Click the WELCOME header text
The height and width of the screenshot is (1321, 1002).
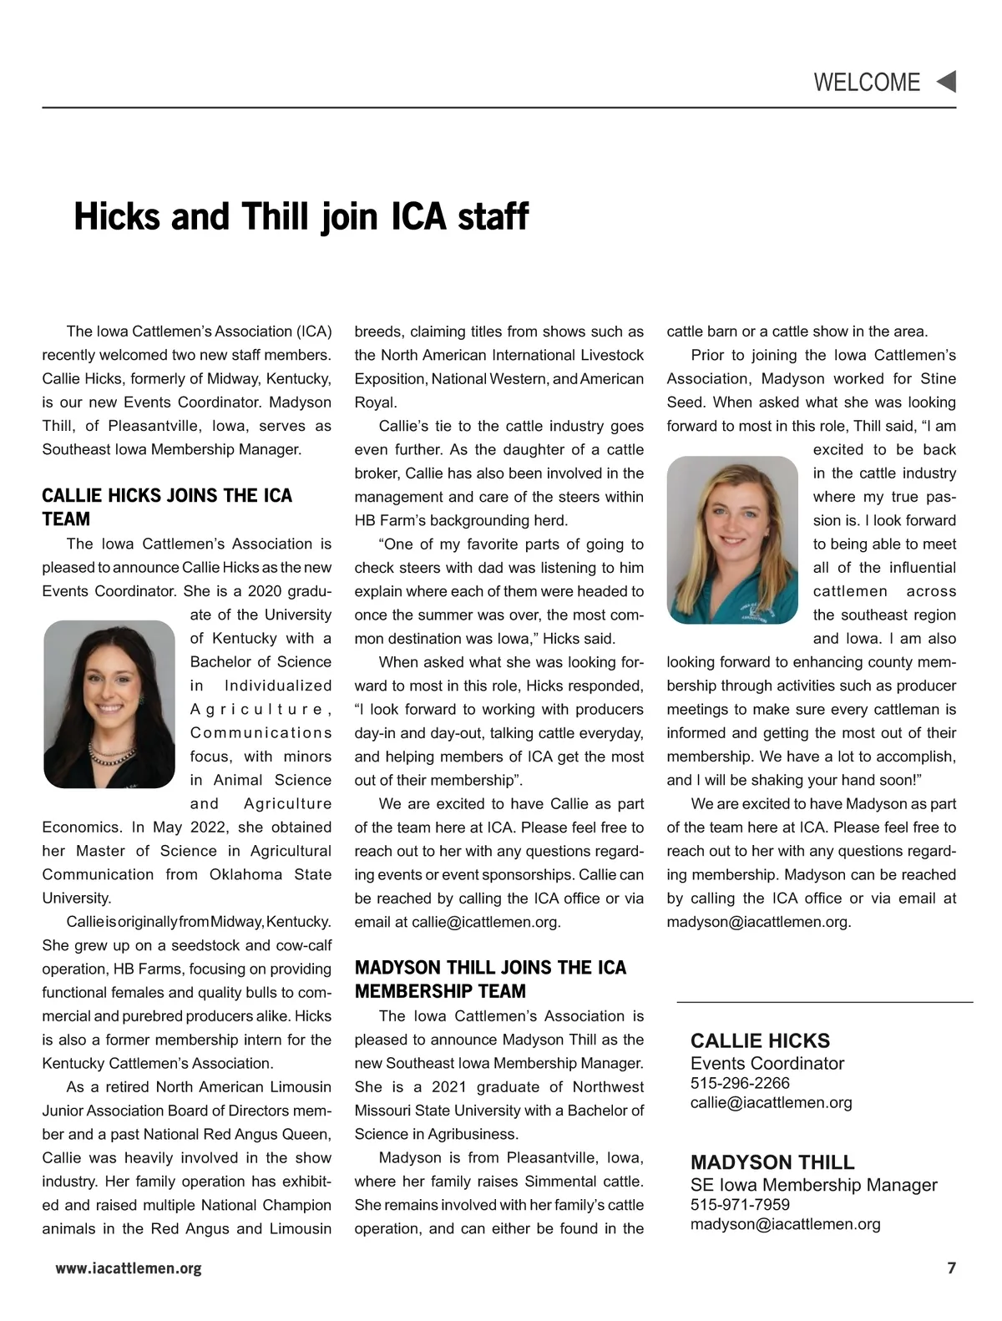point(866,83)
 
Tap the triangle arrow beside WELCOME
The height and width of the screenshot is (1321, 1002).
point(946,82)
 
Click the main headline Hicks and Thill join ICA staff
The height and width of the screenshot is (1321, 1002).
point(301,216)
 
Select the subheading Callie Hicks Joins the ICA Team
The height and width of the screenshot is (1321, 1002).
point(167,507)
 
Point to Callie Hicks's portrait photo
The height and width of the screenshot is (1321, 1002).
point(109,704)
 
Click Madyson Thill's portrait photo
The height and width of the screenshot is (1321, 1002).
point(733,539)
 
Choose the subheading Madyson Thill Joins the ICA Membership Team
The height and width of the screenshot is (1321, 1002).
point(490,979)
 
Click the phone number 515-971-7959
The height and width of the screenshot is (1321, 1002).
point(740,1204)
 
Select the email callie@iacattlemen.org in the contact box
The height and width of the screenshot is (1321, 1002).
point(771,1102)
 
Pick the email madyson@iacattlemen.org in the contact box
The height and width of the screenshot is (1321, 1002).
point(785,1224)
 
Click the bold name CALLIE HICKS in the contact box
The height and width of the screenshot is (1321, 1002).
point(760,1040)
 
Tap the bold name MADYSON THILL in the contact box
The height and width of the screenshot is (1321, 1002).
point(772,1162)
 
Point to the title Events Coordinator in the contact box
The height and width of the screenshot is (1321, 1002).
point(767,1063)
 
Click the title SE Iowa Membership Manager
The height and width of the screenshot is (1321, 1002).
point(813,1185)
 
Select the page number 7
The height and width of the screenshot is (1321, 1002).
point(951,1268)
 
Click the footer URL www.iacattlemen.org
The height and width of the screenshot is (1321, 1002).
point(129,1268)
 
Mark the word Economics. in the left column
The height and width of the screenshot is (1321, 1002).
point(82,828)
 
